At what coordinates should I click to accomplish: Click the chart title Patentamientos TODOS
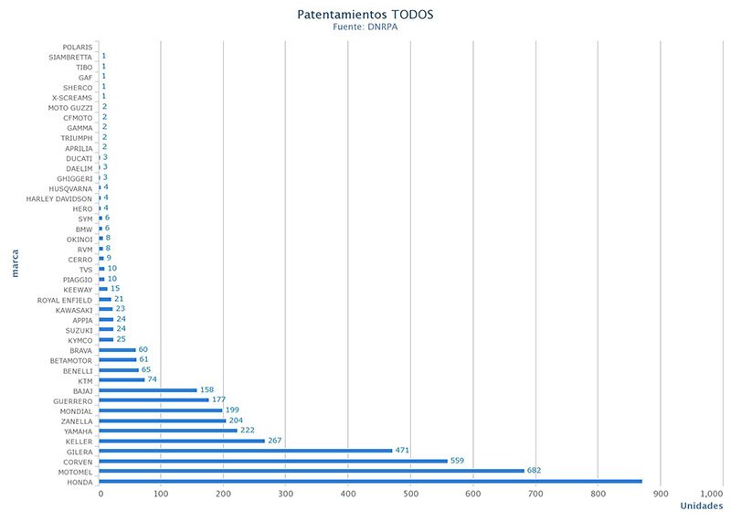coord(365,15)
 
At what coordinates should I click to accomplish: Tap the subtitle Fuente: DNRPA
coord(365,27)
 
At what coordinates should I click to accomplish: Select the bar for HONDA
coord(370,481)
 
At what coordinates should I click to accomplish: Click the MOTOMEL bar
coord(312,471)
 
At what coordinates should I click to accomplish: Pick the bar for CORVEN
coord(273,461)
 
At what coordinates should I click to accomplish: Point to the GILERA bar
coord(246,451)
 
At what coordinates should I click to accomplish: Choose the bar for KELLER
coord(182,441)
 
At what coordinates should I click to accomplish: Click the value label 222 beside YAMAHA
coord(249,431)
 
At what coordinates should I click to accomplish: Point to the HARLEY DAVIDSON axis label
coord(58,198)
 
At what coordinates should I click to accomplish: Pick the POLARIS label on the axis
coord(77,47)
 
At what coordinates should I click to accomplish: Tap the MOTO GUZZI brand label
coord(70,108)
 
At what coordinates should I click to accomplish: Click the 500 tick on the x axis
coord(410,495)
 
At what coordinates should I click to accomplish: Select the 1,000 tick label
coord(712,495)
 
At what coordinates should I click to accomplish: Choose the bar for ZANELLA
coord(163,421)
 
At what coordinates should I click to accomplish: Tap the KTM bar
coord(122,380)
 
